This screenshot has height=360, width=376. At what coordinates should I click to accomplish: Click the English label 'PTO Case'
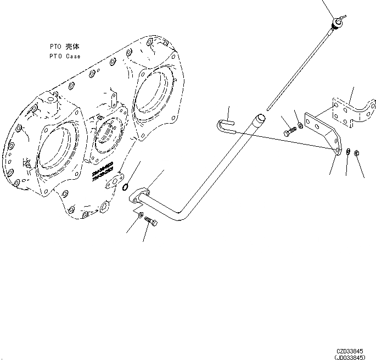(64, 57)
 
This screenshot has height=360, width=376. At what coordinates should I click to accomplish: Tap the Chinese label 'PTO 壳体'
(64, 48)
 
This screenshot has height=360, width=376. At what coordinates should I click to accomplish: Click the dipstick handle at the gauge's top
(336, 22)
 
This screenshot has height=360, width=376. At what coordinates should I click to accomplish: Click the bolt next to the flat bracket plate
(290, 132)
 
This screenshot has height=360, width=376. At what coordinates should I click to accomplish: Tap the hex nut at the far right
(357, 153)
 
